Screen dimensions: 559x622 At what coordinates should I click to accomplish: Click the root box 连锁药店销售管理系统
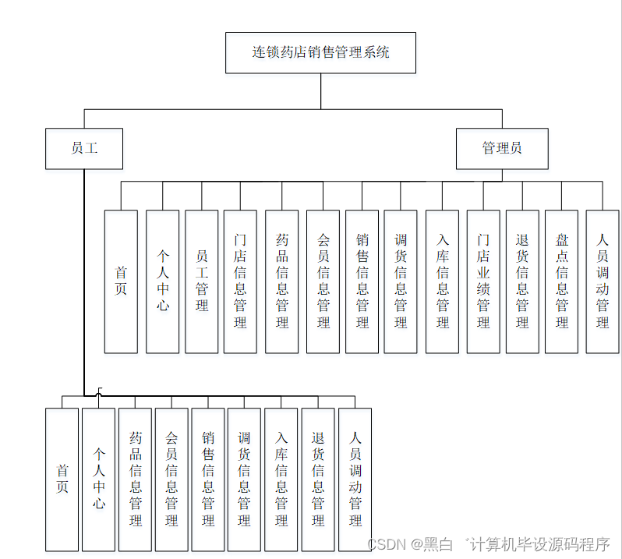pos(320,53)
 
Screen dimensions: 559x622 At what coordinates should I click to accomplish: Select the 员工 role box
pos(84,148)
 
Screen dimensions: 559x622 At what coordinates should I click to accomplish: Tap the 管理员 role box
pos(502,148)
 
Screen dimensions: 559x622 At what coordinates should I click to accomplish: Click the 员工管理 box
pos(202,281)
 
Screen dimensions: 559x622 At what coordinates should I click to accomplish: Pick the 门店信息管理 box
pos(240,281)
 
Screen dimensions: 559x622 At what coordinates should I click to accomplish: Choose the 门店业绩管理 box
pos(483,281)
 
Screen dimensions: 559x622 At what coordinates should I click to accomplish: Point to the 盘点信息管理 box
pos(561,281)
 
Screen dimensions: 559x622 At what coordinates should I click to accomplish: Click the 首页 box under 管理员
pos(121,281)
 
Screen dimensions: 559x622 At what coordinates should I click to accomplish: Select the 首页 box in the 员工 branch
pos(62,479)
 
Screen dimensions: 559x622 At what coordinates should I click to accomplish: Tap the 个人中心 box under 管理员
pos(162,281)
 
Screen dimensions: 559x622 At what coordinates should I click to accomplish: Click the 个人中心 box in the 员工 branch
pos(98,479)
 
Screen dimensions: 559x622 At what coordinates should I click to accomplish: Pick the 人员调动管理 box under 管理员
pos(603,281)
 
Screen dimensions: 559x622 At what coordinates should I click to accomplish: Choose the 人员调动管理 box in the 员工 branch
pos(355,479)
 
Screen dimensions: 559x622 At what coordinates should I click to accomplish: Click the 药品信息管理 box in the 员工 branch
pos(135,479)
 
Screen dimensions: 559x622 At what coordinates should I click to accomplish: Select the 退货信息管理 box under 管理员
pos(522,281)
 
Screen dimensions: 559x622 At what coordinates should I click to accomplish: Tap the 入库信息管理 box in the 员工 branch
pos(281,479)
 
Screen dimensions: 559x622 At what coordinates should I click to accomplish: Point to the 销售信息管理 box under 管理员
pos(362,281)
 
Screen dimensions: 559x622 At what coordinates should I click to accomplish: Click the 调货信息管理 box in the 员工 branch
pos(244,479)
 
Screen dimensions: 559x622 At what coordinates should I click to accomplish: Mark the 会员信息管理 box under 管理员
pos(323,281)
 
